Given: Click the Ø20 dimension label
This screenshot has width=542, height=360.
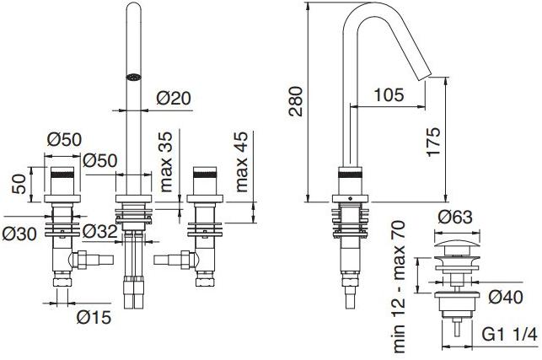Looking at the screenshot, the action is pyautogui.click(x=173, y=98).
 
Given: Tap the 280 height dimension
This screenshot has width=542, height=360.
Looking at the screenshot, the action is pyautogui.click(x=296, y=101).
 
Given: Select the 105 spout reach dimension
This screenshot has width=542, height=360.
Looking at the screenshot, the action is pyautogui.click(x=389, y=94).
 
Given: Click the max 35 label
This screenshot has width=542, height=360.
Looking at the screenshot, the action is pyautogui.click(x=166, y=162).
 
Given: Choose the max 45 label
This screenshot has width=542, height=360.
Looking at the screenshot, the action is pyautogui.click(x=242, y=162).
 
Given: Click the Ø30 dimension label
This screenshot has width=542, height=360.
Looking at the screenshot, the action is pyautogui.click(x=19, y=234).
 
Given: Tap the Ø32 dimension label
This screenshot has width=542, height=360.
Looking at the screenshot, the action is pyautogui.click(x=100, y=231).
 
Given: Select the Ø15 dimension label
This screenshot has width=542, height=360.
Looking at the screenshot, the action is pyautogui.click(x=94, y=317).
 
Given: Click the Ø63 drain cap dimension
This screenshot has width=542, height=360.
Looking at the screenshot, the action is pyautogui.click(x=455, y=218).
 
